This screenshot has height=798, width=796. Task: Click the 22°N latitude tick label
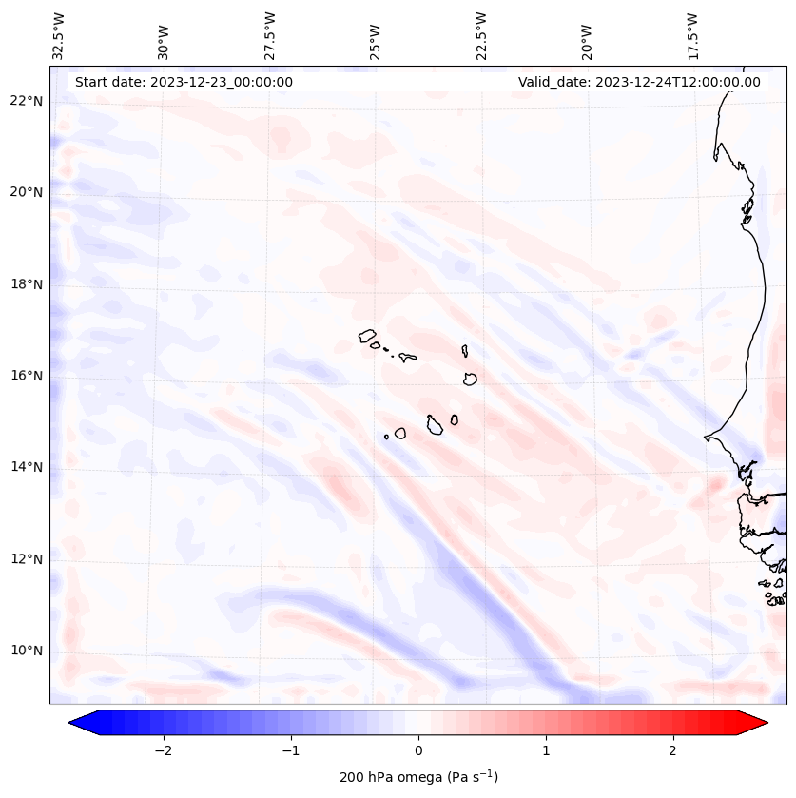pyautogui.click(x=27, y=101)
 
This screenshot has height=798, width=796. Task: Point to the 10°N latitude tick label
pyautogui.click(x=27, y=652)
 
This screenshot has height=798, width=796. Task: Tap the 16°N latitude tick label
pyautogui.click(x=27, y=376)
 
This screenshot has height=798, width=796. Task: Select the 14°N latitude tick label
pyautogui.click(x=27, y=467)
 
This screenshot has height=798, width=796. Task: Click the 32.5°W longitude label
pyautogui.click(x=59, y=36)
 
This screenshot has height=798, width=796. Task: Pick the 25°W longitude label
pyautogui.click(x=377, y=36)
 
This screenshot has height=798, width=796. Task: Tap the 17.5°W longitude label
pyautogui.click(x=693, y=36)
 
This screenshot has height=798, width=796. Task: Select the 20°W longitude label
pyautogui.click(x=588, y=36)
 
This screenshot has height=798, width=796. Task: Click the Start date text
pyautogui.click(x=184, y=82)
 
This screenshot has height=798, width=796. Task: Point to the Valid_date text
pyautogui.click(x=639, y=82)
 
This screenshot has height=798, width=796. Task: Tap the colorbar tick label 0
pyautogui.click(x=418, y=750)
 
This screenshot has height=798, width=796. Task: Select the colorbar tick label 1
pyautogui.click(x=546, y=750)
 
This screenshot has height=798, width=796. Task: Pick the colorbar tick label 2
pyautogui.click(x=673, y=750)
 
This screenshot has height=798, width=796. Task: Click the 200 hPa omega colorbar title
pyautogui.click(x=418, y=777)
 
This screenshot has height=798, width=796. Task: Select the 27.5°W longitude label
pyautogui.click(x=271, y=36)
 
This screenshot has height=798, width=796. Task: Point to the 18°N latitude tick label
pyautogui.click(x=27, y=284)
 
